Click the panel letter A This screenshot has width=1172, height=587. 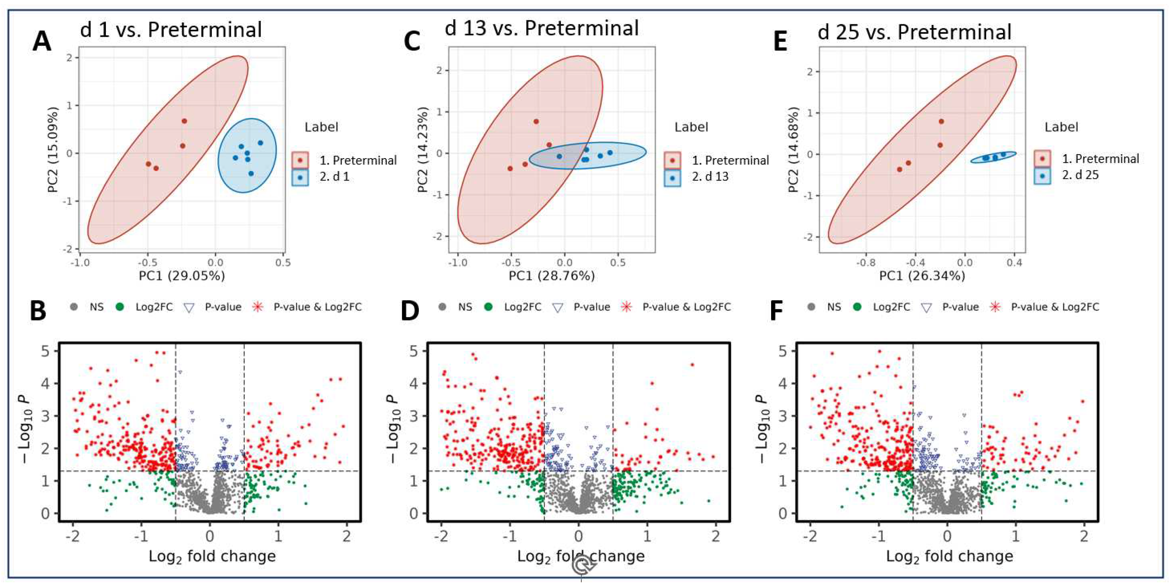(42, 41)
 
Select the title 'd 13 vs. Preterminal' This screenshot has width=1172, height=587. (541, 28)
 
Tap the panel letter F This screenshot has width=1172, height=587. (776, 311)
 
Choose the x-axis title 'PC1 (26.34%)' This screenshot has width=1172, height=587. (922, 276)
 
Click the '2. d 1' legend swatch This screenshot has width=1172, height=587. (300, 177)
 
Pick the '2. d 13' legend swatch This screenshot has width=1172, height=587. (672, 177)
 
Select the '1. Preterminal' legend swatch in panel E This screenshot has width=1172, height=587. (1042, 159)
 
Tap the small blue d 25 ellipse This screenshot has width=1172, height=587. (993, 157)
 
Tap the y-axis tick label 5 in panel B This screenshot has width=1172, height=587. (46, 351)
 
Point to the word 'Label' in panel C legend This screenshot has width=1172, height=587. (691, 127)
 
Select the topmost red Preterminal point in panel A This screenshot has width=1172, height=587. (184, 121)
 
